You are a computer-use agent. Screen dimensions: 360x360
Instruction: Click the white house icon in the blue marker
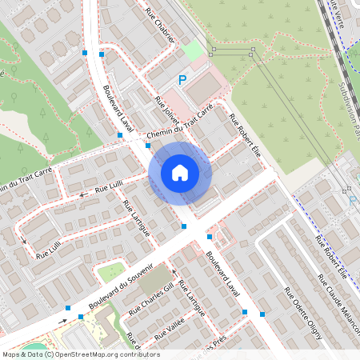point(180,173)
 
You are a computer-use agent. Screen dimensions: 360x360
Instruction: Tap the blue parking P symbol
point(182,80)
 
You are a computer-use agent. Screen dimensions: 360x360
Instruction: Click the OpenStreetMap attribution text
point(80,354)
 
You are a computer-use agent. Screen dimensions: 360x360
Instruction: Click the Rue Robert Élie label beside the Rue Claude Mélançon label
point(330,256)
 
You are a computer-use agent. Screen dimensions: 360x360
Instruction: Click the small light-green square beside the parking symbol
point(192,50)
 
